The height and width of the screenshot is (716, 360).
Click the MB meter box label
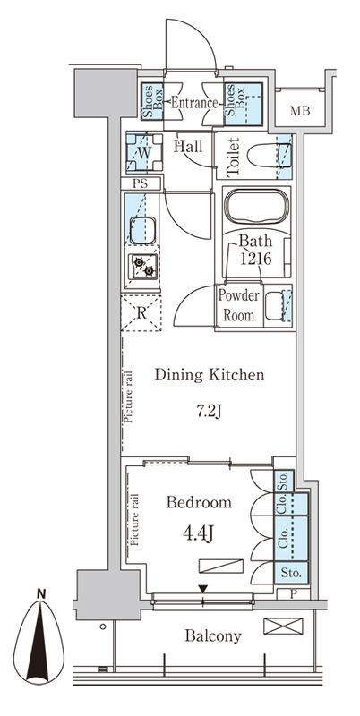(x=300, y=110)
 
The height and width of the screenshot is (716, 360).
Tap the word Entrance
(x=194, y=103)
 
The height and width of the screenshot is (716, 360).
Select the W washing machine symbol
(x=144, y=152)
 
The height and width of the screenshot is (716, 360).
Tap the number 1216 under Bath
(x=256, y=259)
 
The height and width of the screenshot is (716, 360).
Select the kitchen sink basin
(x=142, y=231)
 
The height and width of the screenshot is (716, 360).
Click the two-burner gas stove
(x=142, y=267)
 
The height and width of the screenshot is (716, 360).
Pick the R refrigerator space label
(x=141, y=312)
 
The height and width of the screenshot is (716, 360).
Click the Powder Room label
(x=238, y=304)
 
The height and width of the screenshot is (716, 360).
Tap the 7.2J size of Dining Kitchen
(x=209, y=412)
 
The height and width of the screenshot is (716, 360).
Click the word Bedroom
(x=199, y=503)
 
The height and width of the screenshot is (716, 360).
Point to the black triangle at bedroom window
(x=203, y=590)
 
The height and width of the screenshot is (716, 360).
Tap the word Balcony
(x=213, y=635)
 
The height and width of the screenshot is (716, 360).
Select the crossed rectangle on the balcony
(x=283, y=626)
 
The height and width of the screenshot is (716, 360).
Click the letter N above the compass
(x=41, y=594)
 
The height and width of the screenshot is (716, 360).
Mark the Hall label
(x=188, y=147)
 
